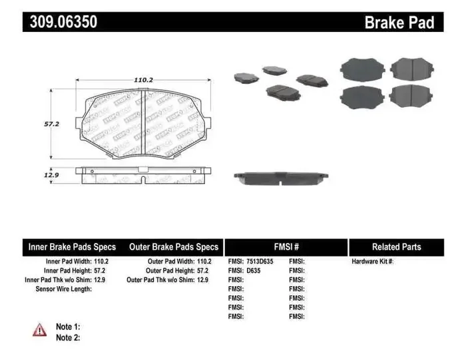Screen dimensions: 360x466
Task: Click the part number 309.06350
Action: (63, 21)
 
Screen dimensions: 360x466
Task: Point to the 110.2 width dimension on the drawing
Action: (143, 79)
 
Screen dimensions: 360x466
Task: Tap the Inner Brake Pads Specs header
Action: (71, 247)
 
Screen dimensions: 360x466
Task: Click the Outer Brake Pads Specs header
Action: (174, 247)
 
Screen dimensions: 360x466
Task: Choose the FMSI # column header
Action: (286, 247)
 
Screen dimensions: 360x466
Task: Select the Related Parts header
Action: (396, 247)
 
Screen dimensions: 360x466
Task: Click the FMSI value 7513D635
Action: (260, 262)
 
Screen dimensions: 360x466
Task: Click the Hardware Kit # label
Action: (373, 262)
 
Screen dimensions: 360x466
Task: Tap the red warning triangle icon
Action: (40, 329)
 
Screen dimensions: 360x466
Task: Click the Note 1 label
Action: (68, 327)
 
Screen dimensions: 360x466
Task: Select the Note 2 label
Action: (68, 337)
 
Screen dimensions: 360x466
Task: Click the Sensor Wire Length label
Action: (63, 289)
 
